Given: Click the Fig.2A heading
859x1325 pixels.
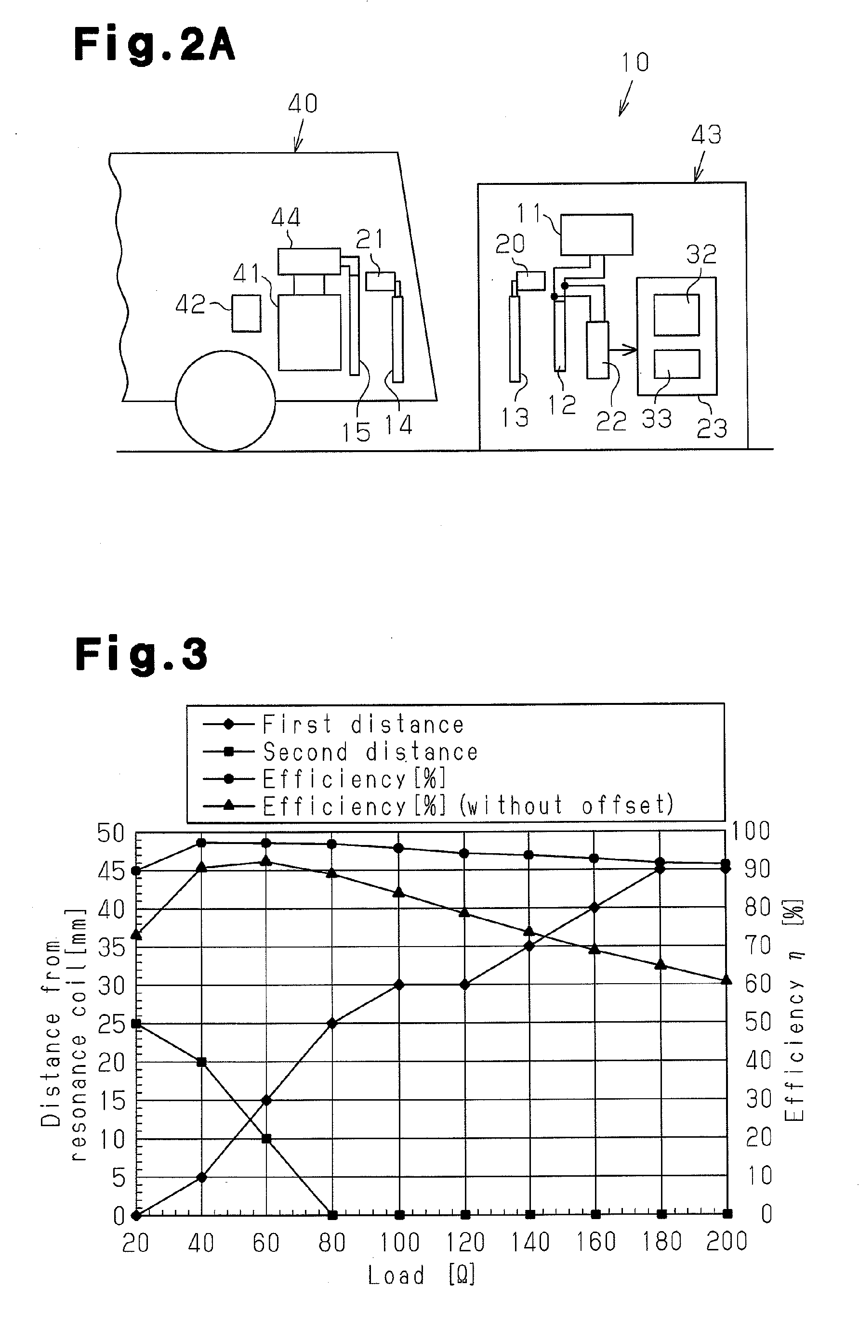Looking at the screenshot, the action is [x=154, y=45].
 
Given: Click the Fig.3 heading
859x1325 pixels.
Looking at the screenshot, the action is [x=142, y=654].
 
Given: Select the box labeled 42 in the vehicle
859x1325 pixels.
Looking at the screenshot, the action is [x=246, y=313].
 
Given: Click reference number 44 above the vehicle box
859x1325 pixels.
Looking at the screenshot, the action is [x=286, y=218].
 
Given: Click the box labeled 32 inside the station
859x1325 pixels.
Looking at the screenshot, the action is [x=676, y=315].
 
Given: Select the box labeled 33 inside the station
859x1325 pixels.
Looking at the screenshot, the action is [x=676, y=364].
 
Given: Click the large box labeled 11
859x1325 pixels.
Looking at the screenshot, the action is [x=596, y=234].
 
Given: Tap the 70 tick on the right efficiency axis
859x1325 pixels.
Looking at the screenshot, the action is [x=758, y=945].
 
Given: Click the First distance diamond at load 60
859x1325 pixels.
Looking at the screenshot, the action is [x=266, y=1100].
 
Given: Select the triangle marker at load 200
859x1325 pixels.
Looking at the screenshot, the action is [x=727, y=979].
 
